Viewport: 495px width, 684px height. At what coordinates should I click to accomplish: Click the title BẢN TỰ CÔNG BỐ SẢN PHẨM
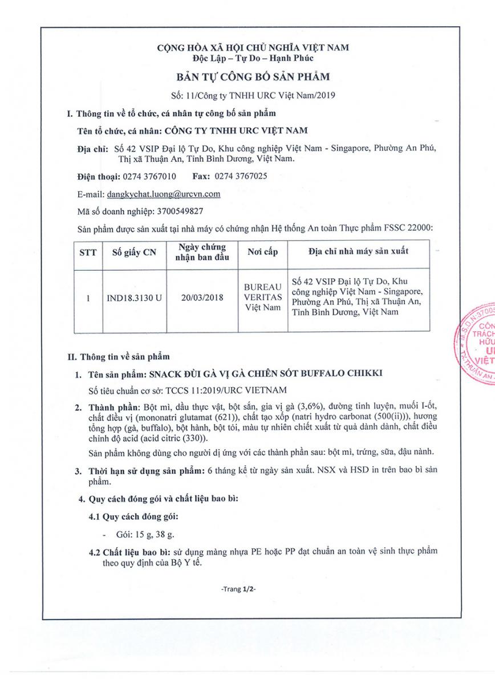coord(253,76)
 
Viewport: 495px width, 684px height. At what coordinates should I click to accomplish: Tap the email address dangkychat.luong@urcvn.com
coord(164,194)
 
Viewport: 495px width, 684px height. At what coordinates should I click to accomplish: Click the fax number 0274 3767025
coord(242,176)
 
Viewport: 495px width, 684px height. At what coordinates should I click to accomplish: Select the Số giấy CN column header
coord(133,252)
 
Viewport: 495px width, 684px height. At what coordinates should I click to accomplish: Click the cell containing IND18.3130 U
coord(133,297)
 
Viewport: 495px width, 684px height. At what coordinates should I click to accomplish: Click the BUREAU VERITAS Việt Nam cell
coord(262,297)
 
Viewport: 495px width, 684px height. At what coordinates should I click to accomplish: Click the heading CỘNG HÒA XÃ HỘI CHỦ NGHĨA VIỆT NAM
coord(253,47)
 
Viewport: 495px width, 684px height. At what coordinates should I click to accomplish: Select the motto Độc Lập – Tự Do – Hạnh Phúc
coord(253,58)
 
